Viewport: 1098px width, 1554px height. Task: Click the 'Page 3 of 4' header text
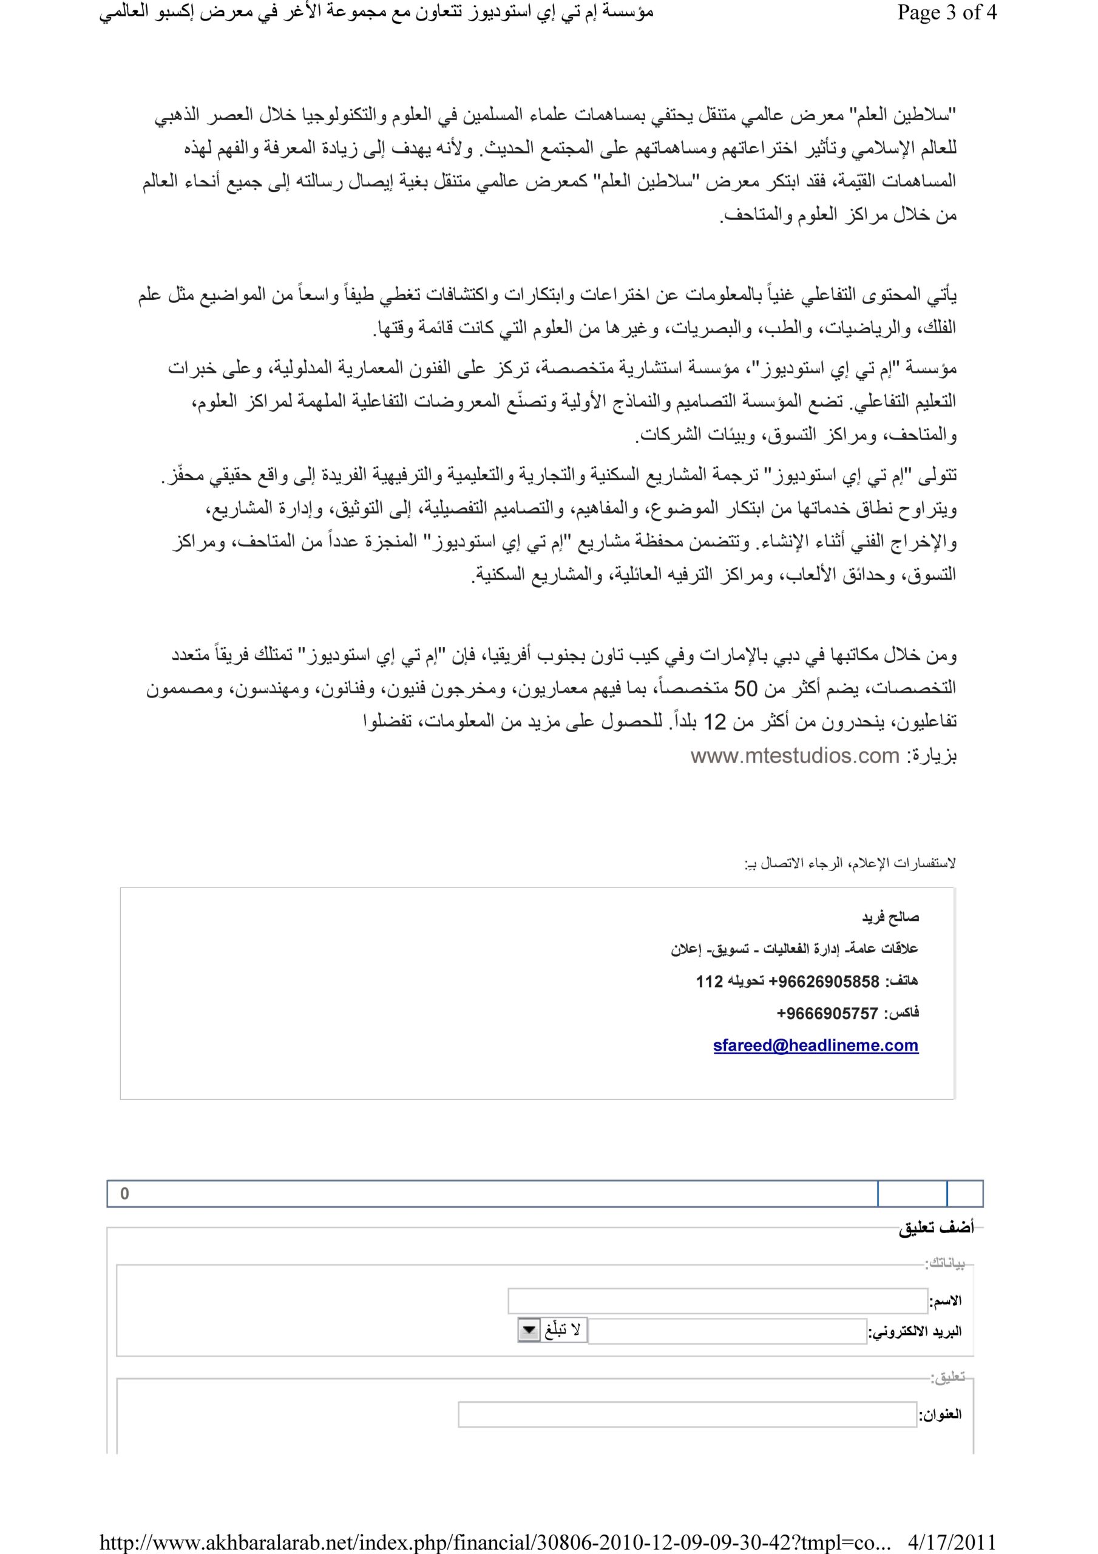(947, 13)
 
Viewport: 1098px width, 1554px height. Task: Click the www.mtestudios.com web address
(795, 755)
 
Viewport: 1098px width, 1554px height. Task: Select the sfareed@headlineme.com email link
(815, 1045)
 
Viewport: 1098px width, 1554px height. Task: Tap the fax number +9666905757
(827, 1013)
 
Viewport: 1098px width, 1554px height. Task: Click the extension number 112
(710, 982)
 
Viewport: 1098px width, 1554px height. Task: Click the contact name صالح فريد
(890, 918)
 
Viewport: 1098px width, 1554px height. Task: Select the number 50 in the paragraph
(746, 689)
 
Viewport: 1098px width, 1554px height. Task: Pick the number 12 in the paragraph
(714, 722)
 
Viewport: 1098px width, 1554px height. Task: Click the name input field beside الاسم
(717, 1301)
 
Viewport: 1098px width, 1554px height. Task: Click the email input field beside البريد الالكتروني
(727, 1331)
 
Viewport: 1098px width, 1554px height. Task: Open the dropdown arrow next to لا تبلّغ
(527, 1331)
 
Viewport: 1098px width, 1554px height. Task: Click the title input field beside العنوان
(687, 1414)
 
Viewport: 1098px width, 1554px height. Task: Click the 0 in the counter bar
(124, 1193)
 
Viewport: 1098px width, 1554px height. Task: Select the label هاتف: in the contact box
(902, 982)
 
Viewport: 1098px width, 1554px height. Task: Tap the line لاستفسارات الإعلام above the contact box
(850, 864)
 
